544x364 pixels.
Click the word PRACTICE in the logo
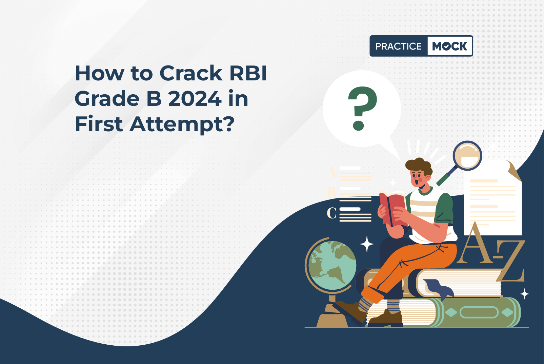coord(398,46)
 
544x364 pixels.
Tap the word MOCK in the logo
coord(449,46)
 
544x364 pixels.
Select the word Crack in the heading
coord(191,73)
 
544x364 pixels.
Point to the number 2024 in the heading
coord(195,99)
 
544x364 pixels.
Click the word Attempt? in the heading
coord(182,124)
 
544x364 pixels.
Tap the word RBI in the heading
coord(248,73)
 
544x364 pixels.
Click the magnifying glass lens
coord(467,156)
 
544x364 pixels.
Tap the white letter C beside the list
coord(331,213)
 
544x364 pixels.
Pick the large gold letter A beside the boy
coord(474,244)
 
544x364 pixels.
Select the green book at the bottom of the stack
coord(481,312)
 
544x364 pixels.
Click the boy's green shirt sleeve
coord(445,209)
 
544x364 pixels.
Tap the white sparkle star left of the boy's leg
coord(366,244)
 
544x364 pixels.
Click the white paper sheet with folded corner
coord(493,200)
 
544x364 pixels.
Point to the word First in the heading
coord(99,124)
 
